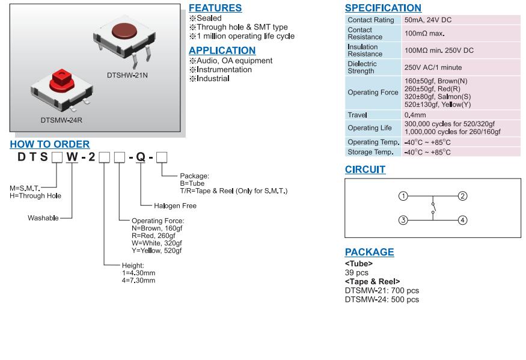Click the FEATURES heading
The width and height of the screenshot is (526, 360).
[215, 8]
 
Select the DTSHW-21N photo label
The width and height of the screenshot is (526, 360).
[128, 75]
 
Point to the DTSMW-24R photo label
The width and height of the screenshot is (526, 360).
[61, 120]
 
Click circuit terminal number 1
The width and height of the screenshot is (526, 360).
[403, 196]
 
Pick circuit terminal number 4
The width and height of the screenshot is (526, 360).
[462, 220]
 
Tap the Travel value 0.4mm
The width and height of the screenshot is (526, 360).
[415, 115]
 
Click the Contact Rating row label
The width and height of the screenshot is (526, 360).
[371, 20]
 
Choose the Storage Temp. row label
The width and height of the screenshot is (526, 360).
[370, 152]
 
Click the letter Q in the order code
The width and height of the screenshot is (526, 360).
[140, 158]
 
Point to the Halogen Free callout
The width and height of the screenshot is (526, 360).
[171, 206]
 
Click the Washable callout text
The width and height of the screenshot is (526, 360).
[43, 218]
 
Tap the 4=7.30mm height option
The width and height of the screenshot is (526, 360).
[138, 280]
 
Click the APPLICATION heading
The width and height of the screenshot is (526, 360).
[222, 50]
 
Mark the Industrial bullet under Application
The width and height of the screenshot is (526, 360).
[213, 79]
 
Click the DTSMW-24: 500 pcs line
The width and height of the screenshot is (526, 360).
[382, 299]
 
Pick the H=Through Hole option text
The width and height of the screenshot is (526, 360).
[35, 196]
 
